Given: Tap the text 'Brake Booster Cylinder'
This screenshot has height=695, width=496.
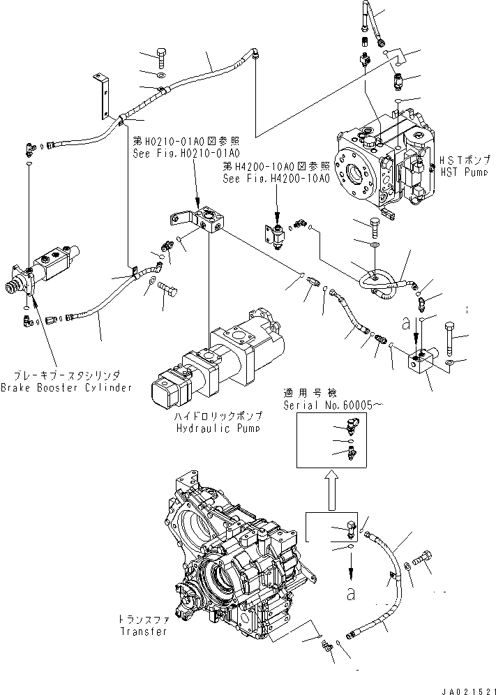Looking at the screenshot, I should pyautogui.click(x=66, y=387).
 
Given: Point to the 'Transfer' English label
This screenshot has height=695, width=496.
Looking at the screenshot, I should pyautogui.click(x=143, y=632).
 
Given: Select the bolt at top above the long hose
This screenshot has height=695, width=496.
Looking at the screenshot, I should pyautogui.click(x=160, y=56).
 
